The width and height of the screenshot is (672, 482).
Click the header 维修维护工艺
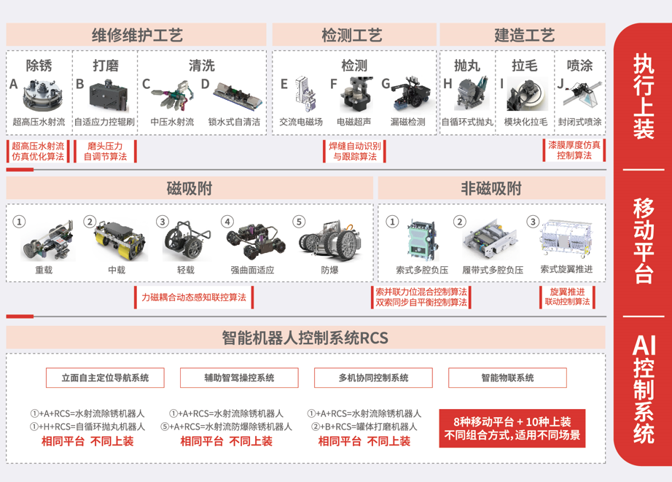137,35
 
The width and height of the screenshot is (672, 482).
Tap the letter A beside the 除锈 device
14,84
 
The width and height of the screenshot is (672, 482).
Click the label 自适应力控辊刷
104,123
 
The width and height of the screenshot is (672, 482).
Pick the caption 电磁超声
353,123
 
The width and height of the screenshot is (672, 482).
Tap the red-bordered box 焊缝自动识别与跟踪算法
355,151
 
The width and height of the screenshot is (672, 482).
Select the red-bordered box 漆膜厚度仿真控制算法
574,150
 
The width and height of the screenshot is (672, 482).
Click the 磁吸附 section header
190,188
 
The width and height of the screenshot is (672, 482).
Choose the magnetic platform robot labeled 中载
121,241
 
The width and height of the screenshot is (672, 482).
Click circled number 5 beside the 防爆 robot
299,222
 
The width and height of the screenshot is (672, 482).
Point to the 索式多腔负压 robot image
423,240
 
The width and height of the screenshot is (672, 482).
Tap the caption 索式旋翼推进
566,269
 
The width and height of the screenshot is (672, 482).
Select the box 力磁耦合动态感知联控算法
194,298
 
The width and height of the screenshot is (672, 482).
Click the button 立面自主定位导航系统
105,378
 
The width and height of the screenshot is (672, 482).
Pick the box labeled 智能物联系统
507,378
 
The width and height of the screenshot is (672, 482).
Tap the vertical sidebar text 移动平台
644,241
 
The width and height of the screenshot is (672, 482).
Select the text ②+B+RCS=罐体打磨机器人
364,427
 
